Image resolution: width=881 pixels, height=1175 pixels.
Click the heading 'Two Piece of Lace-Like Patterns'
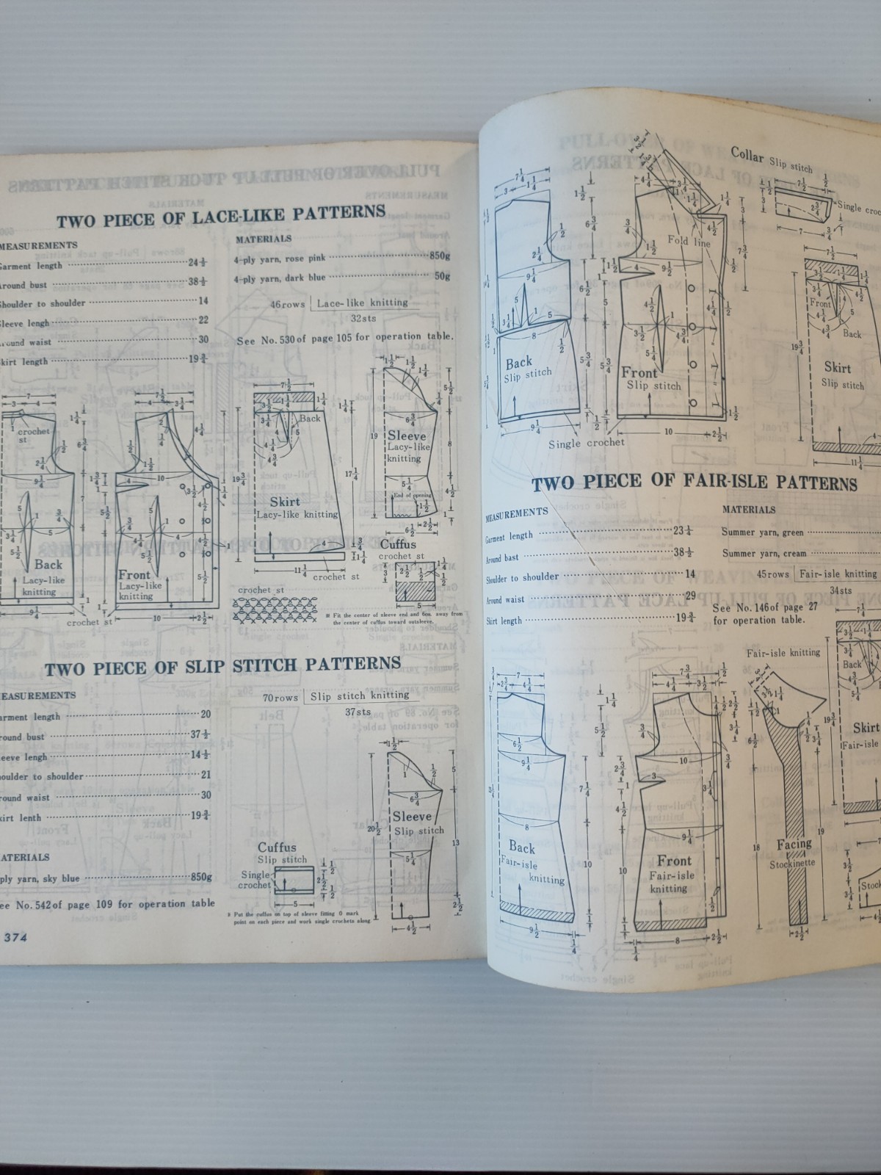pyautogui.click(x=221, y=215)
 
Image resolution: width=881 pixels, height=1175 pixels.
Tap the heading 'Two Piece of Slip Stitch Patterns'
pyautogui.click(x=222, y=665)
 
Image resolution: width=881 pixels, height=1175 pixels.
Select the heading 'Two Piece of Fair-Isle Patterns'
pyautogui.click(x=694, y=483)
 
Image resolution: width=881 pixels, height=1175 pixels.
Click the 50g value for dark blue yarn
pyautogui.click(x=442, y=277)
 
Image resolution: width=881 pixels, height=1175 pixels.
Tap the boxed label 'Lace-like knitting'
pyautogui.click(x=362, y=303)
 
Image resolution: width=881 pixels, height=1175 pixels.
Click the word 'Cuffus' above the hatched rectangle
pyautogui.click(x=398, y=544)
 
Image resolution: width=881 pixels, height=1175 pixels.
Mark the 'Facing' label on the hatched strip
pyautogui.click(x=794, y=845)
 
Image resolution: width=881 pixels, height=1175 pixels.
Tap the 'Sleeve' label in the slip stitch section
pyautogui.click(x=412, y=817)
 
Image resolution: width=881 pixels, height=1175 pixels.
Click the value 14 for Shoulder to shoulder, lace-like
pyautogui.click(x=203, y=300)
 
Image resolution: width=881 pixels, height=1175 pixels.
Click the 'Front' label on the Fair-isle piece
pyautogui.click(x=673, y=861)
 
